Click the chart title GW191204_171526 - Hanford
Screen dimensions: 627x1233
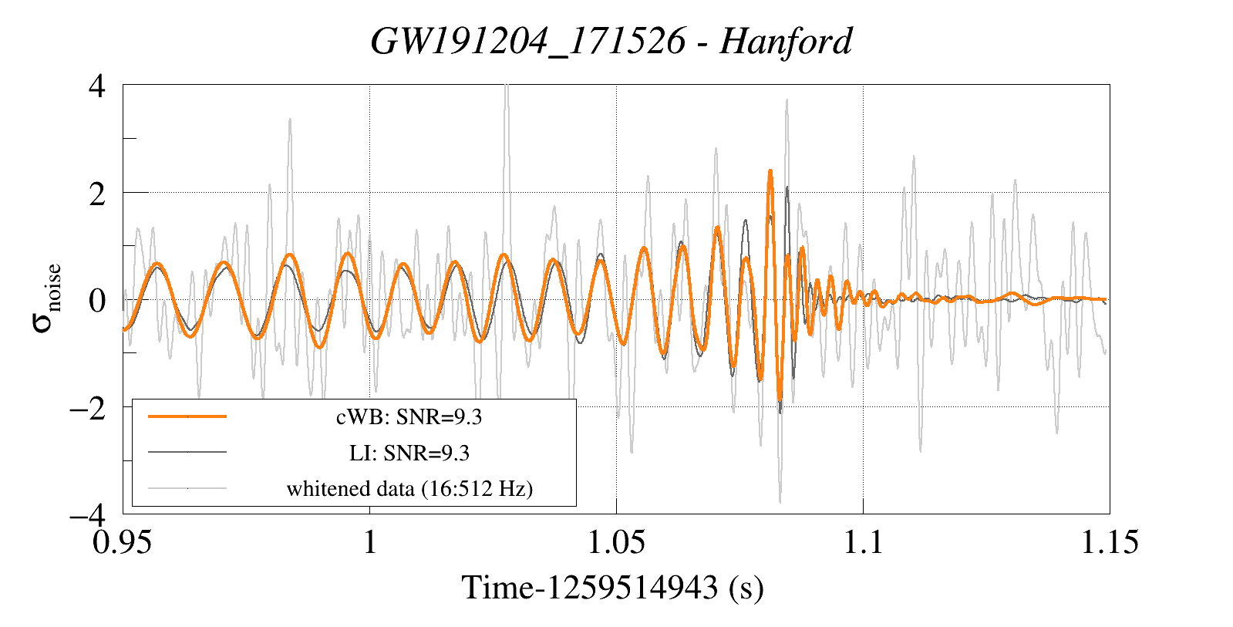click(611, 41)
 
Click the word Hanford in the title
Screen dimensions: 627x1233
click(786, 41)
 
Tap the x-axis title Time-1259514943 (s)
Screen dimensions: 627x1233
click(612, 588)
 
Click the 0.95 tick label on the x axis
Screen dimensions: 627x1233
click(123, 542)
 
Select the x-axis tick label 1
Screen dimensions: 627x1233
click(370, 542)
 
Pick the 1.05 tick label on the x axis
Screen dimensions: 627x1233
click(615, 542)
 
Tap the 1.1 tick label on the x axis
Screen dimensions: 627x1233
click(862, 542)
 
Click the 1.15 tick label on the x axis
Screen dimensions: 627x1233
click(1109, 542)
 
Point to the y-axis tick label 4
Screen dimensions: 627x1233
click(97, 86)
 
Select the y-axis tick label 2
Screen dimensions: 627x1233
click(97, 193)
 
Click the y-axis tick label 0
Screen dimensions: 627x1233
click(97, 300)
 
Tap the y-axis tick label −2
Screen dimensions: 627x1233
click(87, 407)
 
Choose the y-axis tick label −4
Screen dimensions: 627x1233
click(87, 514)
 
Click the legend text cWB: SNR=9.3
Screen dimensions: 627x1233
click(409, 417)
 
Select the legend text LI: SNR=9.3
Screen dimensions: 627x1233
click(409, 453)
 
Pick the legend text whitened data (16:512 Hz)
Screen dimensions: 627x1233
click(409, 488)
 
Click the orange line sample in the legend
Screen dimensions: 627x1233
click(187, 416)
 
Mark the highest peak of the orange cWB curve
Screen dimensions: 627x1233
click(770, 171)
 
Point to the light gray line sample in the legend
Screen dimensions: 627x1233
click(187, 487)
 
